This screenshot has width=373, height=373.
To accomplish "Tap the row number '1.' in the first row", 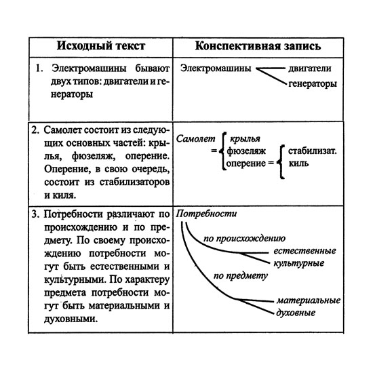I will pos(39,69).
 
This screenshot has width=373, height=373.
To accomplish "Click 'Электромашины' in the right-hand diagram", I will pos(216,69).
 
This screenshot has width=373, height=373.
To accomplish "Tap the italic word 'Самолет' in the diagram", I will pos(195,138).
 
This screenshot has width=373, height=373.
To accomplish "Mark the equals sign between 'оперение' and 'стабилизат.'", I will pos(270,163).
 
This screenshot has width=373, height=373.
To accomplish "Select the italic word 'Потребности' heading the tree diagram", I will pos(206,214).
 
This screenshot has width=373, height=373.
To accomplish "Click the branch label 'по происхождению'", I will pos(244,239).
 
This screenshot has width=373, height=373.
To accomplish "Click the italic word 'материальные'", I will pos(309,300).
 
